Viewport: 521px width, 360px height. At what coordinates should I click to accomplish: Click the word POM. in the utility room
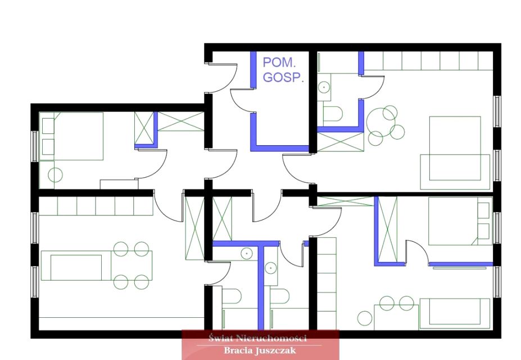pyautogui.click(x=280, y=62)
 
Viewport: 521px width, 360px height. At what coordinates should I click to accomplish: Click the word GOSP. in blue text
pyautogui.click(x=283, y=77)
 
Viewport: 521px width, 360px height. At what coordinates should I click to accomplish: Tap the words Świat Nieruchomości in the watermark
pyautogui.click(x=257, y=339)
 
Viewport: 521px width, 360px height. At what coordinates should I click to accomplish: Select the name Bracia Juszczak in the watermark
pyautogui.click(x=260, y=350)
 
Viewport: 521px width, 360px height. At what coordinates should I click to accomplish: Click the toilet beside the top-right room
pyautogui.click(x=332, y=114)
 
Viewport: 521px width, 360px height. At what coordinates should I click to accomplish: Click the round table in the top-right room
pyautogui.click(x=381, y=122)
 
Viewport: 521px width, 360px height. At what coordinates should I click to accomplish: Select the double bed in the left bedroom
pyautogui.click(x=71, y=136)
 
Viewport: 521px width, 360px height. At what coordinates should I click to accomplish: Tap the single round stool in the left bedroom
pyautogui.click(x=55, y=175)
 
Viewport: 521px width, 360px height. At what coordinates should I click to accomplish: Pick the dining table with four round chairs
pyautogui.click(x=132, y=265)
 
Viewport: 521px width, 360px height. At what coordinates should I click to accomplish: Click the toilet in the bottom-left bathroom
pyautogui.click(x=231, y=296)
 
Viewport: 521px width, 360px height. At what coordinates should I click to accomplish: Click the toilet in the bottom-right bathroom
pyautogui.click(x=279, y=296)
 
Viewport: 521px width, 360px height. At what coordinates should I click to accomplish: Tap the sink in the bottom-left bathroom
pyautogui.click(x=247, y=254)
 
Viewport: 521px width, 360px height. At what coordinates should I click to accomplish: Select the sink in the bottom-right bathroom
pyautogui.click(x=271, y=268)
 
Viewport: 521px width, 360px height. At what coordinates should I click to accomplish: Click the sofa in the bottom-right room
pyautogui.click(x=455, y=313)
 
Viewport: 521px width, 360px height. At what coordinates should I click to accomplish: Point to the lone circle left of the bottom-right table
pyautogui.click(x=365, y=318)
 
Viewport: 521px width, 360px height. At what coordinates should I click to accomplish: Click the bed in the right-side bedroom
pyautogui.click(x=460, y=221)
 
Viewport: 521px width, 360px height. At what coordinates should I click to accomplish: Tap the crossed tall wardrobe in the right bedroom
pyautogui.click(x=388, y=229)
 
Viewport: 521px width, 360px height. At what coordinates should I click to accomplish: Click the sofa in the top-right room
pyautogui.click(x=455, y=172)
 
